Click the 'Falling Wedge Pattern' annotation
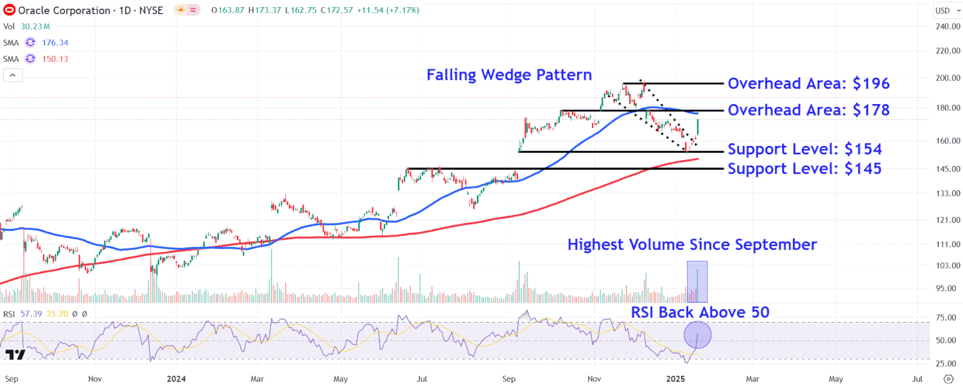pos(509,75)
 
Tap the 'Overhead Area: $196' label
pos(809,84)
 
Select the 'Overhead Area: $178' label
pos(809,111)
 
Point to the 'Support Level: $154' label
pos(804,150)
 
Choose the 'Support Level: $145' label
pos(804,169)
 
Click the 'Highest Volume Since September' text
pos(692,245)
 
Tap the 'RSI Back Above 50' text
pos(700,312)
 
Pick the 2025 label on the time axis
pos(679,379)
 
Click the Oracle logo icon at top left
pos(10,10)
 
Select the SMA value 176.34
pos(55,43)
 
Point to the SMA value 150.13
pos(55,59)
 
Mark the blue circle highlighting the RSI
pos(697,335)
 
